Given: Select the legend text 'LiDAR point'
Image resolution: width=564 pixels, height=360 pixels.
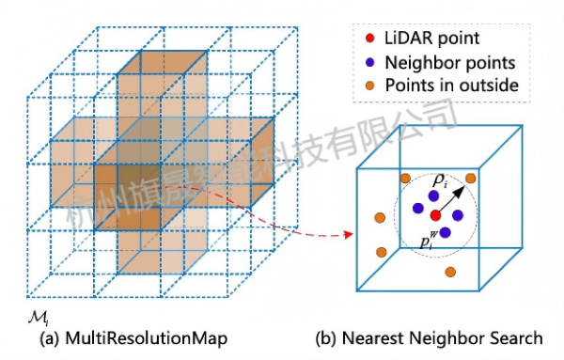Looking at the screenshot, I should (431, 39).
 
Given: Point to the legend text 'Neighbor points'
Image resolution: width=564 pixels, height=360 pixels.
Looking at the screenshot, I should (449, 63).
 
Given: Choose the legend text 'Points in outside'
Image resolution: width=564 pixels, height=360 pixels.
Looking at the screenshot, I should (453, 87).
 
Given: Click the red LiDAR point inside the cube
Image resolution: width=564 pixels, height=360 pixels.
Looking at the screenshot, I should (435, 216).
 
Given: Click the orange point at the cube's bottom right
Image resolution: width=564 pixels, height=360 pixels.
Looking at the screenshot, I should (451, 272).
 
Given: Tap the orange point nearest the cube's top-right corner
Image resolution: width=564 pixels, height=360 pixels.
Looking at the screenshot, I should (471, 178).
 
